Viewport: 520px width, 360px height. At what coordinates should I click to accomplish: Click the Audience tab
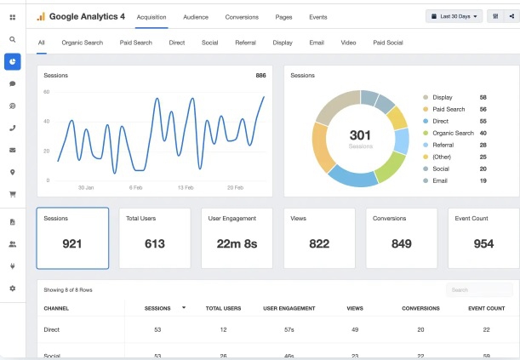click(196, 17)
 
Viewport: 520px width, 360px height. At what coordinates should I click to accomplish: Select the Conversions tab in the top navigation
click(242, 17)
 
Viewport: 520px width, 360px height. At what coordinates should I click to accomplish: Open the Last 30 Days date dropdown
click(454, 16)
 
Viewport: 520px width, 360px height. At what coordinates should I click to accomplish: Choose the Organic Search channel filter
click(83, 43)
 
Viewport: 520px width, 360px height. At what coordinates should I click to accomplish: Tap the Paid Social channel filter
click(388, 43)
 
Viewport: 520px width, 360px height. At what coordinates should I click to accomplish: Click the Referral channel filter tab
click(245, 43)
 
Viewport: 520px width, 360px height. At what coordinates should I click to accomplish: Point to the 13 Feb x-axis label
click(186, 187)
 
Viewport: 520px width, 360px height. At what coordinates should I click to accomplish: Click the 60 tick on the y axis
click(47, 92)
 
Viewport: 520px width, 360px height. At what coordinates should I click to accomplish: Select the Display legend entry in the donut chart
click(443, 98)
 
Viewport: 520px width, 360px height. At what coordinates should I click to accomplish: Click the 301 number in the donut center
click(360, 135)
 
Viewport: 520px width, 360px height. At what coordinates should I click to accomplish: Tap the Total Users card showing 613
click(155, 238)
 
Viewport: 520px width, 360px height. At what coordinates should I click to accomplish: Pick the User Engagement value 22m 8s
click(237, 244)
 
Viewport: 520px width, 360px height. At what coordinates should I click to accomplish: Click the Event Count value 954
click(483, 244)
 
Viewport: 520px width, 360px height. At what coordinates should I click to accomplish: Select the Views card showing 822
click(319, 238)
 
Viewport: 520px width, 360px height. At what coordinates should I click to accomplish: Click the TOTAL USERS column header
click(223, 309)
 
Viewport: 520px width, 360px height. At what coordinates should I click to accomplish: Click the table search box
click(479, 290)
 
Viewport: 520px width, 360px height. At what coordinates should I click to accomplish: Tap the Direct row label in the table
click(52, 330)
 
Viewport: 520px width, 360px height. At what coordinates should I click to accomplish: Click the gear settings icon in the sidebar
click(13, 289)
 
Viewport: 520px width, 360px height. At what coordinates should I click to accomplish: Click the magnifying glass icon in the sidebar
click(13, 40)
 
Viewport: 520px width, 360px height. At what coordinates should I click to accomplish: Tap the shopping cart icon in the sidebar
click(13, 195)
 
